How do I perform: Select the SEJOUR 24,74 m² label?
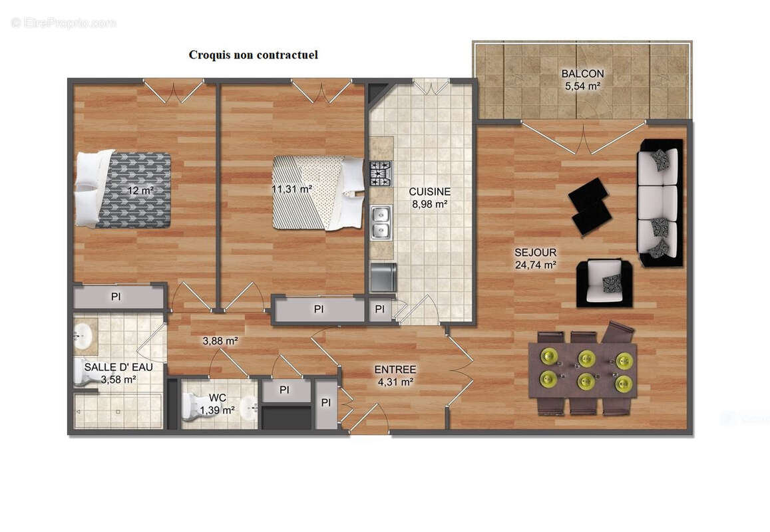coord(535,258)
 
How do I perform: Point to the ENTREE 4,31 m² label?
coord(395,375)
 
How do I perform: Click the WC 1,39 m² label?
coord(218,404)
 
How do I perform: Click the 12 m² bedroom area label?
coord(140,191)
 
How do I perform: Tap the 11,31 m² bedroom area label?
coord(291,189)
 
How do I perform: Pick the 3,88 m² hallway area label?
coord(220,341)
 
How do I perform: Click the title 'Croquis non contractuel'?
coord(253,55)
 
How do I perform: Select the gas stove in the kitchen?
coord(381,174)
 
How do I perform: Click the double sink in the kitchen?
coord(381,222)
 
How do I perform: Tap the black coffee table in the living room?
coord(590,206)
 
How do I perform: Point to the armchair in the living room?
coord(604,283)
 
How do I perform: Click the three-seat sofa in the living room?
coord(660,203)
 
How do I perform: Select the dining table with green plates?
coord(582,370)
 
